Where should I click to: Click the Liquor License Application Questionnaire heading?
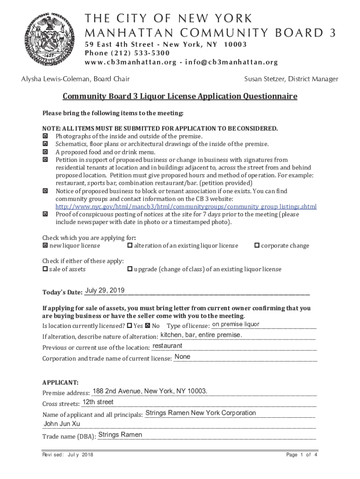pos(180,97)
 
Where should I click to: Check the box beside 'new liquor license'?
pos(45,246)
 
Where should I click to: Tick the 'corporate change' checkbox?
pos(257,246)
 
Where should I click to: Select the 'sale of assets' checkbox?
pos(45,269)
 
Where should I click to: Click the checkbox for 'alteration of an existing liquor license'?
pos(130,246)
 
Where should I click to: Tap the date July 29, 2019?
pos(105,291)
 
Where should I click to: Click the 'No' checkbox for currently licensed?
pos(148,326)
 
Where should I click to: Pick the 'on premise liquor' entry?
pos(236,325)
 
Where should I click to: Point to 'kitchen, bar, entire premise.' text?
pos(201,335)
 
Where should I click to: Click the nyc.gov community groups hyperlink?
pos(186,207)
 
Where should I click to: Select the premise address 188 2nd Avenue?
pos(150,391)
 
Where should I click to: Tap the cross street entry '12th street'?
pos(98,402)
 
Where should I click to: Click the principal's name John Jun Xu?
pos(62,424)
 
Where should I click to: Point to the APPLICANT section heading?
pos(60,382)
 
